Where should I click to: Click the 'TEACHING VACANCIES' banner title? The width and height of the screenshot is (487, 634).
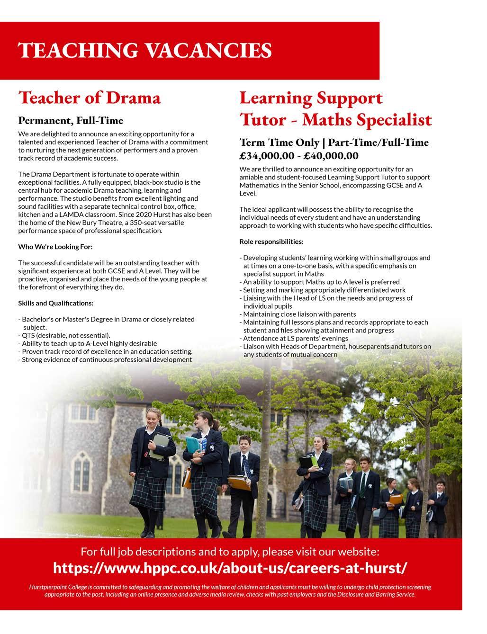(144, 50)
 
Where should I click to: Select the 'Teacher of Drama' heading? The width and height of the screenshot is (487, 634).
(90, 98)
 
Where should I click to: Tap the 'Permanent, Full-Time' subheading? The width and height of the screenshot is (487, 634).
(71, 120)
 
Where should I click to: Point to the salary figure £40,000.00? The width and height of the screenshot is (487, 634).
(331, 156)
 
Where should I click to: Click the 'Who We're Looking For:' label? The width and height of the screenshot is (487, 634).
(55, 247)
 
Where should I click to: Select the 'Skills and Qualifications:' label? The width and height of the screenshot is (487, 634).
(56, 303)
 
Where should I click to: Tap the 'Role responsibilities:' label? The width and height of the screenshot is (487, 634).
(271, 241)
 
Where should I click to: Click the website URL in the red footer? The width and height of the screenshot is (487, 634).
(230, 567)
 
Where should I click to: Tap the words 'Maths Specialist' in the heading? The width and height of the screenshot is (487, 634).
(367, 119)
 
